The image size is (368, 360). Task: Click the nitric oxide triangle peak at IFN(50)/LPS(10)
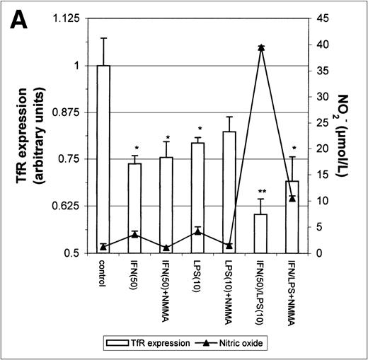tap(261, 47)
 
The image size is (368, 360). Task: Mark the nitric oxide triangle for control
tap(103, 246)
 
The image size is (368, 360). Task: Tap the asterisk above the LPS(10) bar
tap(198, 130)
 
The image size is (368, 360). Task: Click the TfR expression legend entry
tap(153, 342)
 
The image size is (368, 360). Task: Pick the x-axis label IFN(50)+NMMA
tap(166, 292)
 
